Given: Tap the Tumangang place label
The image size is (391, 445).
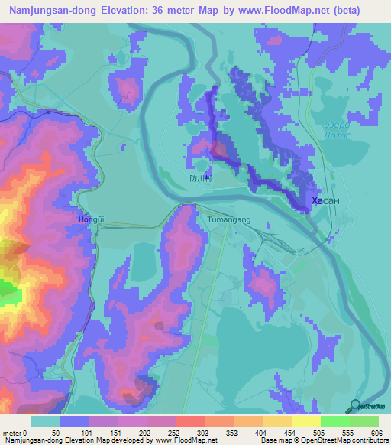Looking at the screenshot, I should (228, 219).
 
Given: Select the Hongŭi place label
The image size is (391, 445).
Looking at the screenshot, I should (91, 219).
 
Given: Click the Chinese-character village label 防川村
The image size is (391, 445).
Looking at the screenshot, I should (200, 177).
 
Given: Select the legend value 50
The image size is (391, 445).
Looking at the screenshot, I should (55, 434).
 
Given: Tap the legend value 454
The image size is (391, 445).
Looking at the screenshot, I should (286, 434).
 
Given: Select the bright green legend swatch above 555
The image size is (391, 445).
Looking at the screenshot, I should (334, 421).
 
